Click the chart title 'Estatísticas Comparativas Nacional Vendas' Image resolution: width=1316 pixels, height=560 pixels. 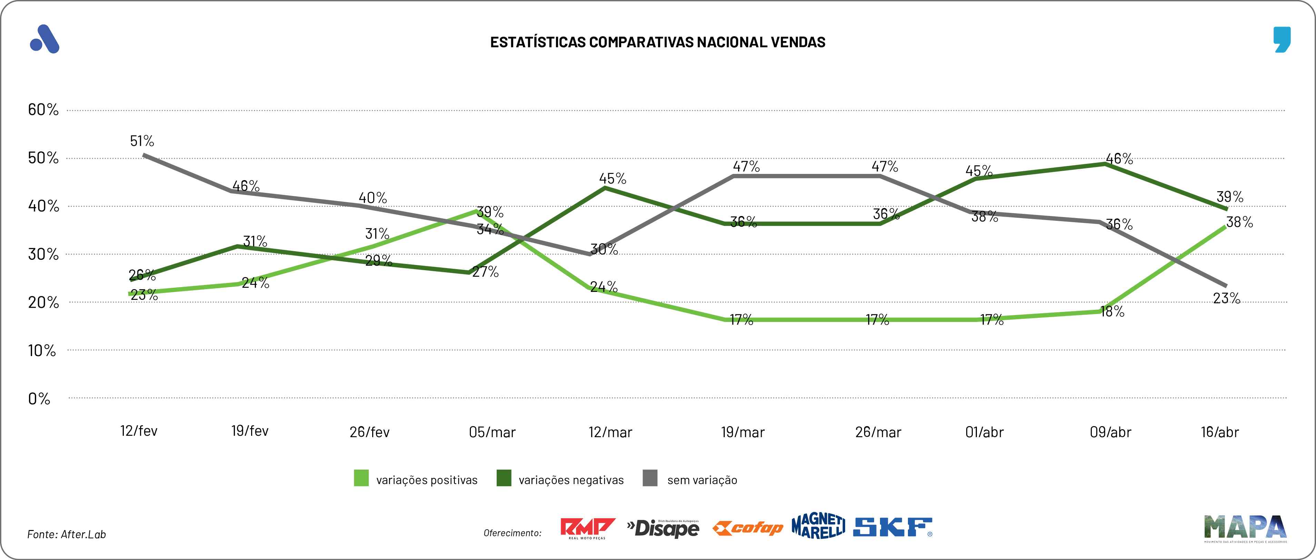point(657,42)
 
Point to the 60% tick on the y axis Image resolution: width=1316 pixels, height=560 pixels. point(43,109)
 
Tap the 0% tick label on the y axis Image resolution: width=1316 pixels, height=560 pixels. point(39,399)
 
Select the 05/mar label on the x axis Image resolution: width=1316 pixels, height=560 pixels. point(492,432)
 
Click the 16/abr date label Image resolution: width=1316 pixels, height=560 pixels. point(1219,432)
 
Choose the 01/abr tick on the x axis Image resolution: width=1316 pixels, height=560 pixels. point(984,432)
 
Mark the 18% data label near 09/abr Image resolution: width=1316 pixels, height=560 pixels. point(1112,311)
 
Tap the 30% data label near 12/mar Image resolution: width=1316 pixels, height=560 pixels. point(604,249)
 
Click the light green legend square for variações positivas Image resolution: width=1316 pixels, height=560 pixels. point(361,478)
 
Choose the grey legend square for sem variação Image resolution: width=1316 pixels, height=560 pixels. point(650,478)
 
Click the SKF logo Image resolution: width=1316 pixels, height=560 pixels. point(892,527)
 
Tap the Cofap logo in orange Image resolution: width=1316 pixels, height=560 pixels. point(748,528)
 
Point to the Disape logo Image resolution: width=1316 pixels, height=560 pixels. point(663,528)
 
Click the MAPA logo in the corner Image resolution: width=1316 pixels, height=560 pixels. point(1245,528)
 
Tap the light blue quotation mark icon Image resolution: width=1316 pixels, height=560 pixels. point(1282,39)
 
